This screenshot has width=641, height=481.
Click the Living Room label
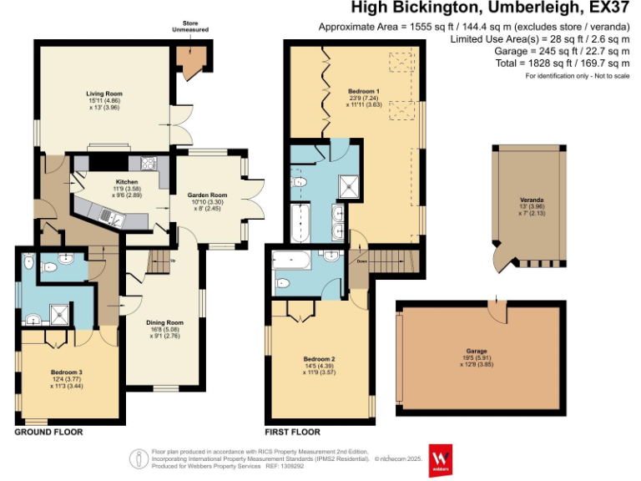pyautogui.click(x=105, y=94)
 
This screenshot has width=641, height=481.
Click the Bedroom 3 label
pyautogui.click(x=66, y=371)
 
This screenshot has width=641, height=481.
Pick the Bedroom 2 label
pyautogui.click(x=318, y=359)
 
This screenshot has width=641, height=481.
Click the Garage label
pyautogui.click(x=477, y=351)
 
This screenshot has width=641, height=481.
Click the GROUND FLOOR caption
pyautogui.click(x=48, y=433)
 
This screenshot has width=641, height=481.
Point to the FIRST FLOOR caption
pyautogui.click(x=293, y=433)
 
